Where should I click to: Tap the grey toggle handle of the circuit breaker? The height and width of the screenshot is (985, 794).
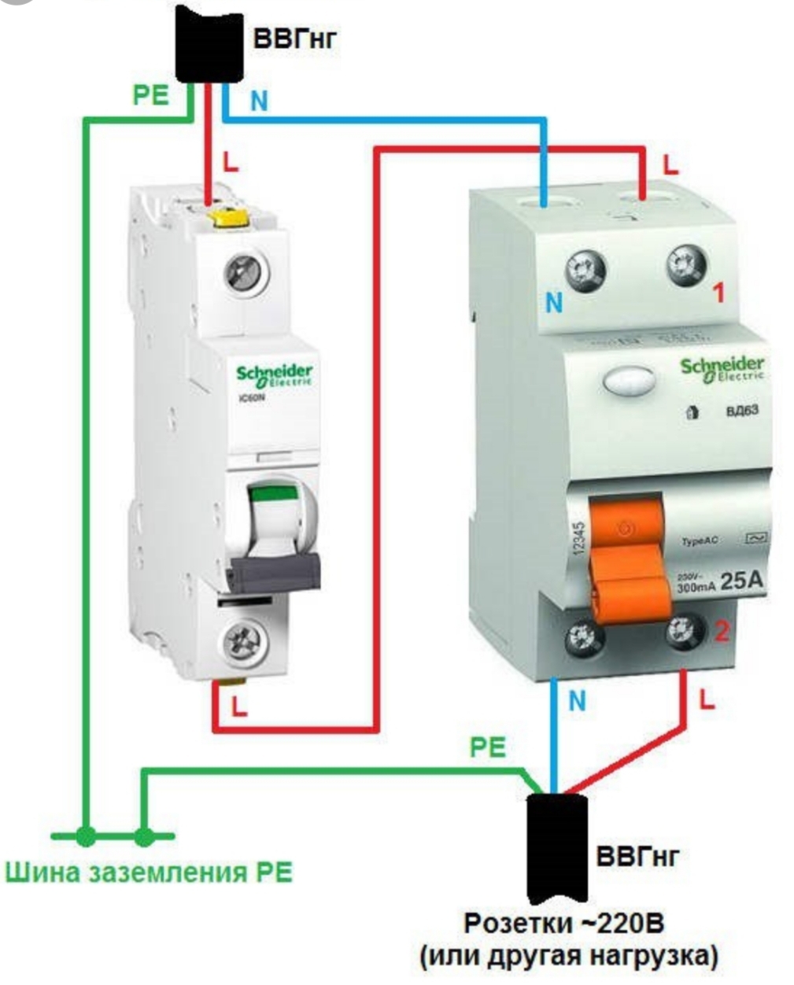pyautogui.click(x=275, y=571)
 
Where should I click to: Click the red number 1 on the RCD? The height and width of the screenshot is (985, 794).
pyautogui.click(x=718, y=293)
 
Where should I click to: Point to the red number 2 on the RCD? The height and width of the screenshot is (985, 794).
pyautogui.click(x=721, y=632)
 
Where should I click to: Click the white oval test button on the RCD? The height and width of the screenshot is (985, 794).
pyautogui.click(x=629, y=384)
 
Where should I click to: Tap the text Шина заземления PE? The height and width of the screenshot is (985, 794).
pyautogui.click(x=149, y=872)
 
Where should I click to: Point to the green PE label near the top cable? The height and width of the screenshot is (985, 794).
pyautogui.click(x=150, y=95)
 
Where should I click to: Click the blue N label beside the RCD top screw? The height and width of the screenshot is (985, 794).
pyautogui.click(x=555, y=303)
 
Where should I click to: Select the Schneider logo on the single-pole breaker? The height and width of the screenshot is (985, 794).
pyautogui.click(x=275, y=374)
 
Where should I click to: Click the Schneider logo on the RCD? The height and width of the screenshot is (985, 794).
pyautogui.click(x=722, y=367)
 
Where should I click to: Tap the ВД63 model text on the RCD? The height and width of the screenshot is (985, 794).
pyautogui.click(x=742, y=411)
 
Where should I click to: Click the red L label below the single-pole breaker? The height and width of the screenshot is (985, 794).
pyautogui.click(x=238, y=706)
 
